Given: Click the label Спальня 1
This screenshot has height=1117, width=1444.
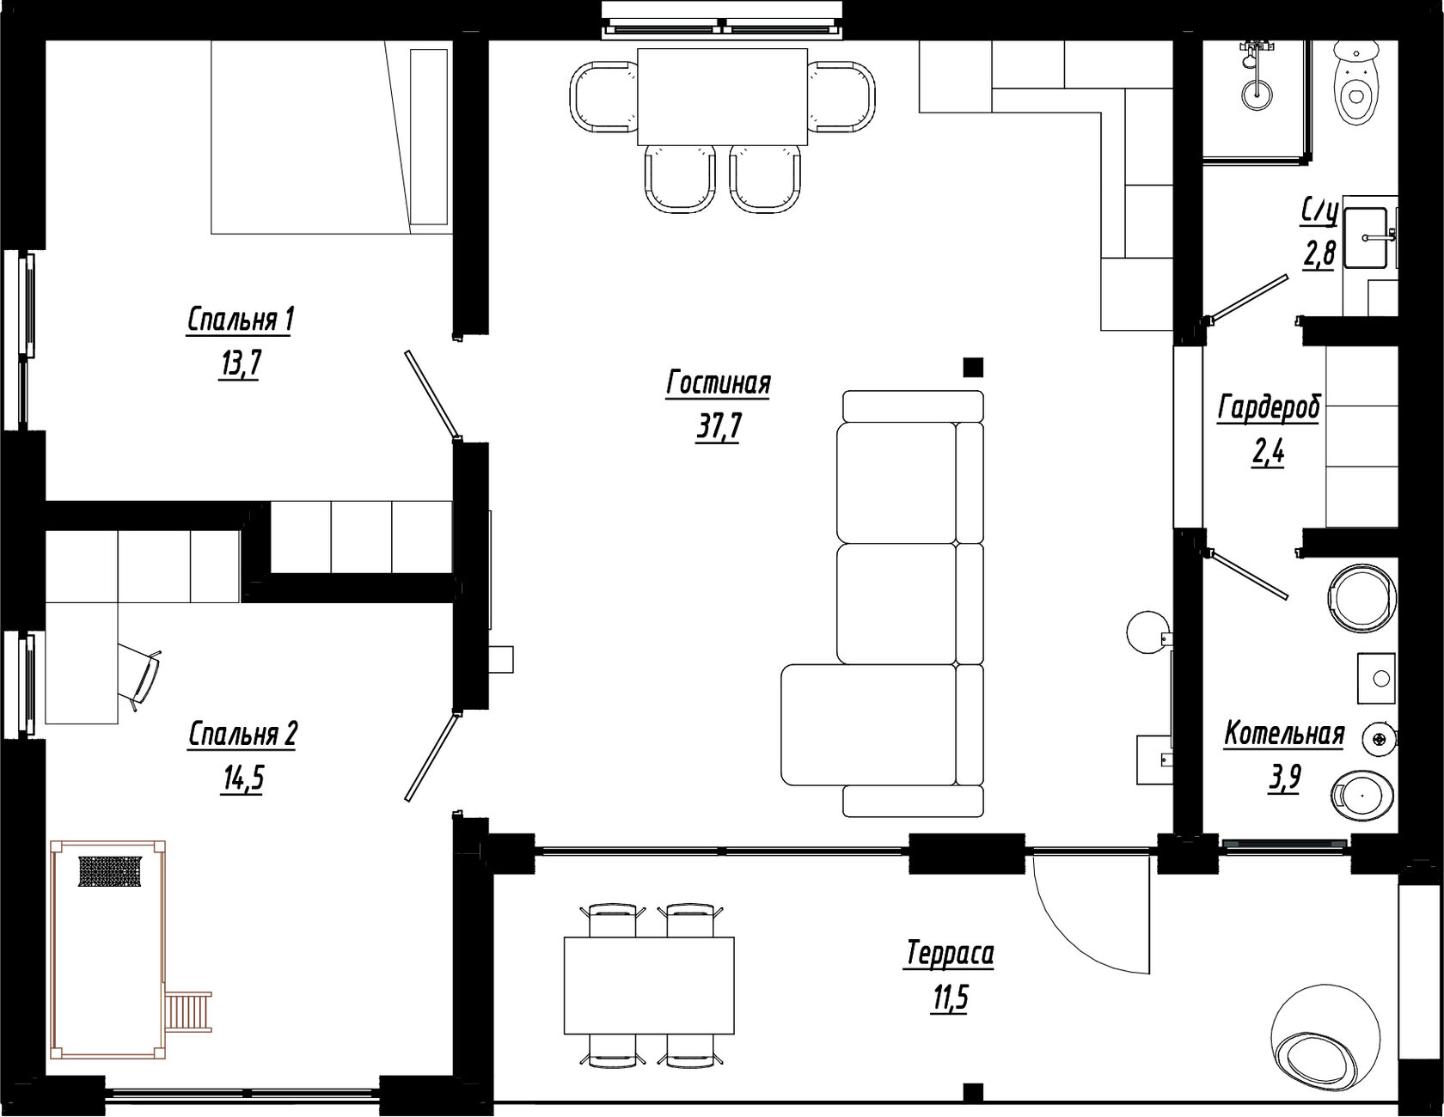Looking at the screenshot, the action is coord(241,320).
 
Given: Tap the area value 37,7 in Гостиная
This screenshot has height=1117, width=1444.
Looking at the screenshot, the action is coord(719,426).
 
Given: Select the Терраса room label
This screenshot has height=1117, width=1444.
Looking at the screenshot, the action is coord(950,954).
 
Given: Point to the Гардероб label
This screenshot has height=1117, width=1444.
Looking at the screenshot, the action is coord(1269,408).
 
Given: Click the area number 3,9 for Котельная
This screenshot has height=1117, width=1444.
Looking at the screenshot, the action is coord(1284,778).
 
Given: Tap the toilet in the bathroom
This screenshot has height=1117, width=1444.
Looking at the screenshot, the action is coord(1355,82).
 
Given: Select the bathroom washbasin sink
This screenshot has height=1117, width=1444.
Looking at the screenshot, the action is coord(1367,237).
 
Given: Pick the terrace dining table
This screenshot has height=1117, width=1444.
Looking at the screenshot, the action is coord(649,986).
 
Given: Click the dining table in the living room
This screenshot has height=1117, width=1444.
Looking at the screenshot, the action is coord(723,96).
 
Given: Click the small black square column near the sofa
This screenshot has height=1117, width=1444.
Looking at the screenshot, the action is coord(973,368).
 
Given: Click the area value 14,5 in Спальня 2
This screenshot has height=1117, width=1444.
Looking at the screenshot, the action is coord(243,778).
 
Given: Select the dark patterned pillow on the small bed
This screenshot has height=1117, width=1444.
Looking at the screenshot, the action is coord(109,871).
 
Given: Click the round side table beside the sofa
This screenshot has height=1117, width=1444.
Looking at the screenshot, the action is coord(1147,633).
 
